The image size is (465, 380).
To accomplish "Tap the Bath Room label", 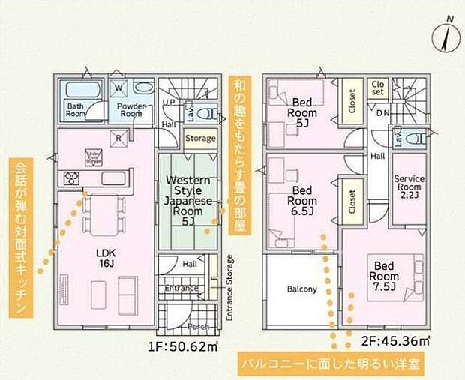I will pos(76,110).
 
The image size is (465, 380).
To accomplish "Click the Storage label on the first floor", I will pos(200,139).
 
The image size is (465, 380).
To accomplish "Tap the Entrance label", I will pos(181,288).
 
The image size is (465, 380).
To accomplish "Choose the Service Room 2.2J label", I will pos(409,185).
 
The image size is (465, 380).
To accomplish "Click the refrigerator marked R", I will pos(118,138).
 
